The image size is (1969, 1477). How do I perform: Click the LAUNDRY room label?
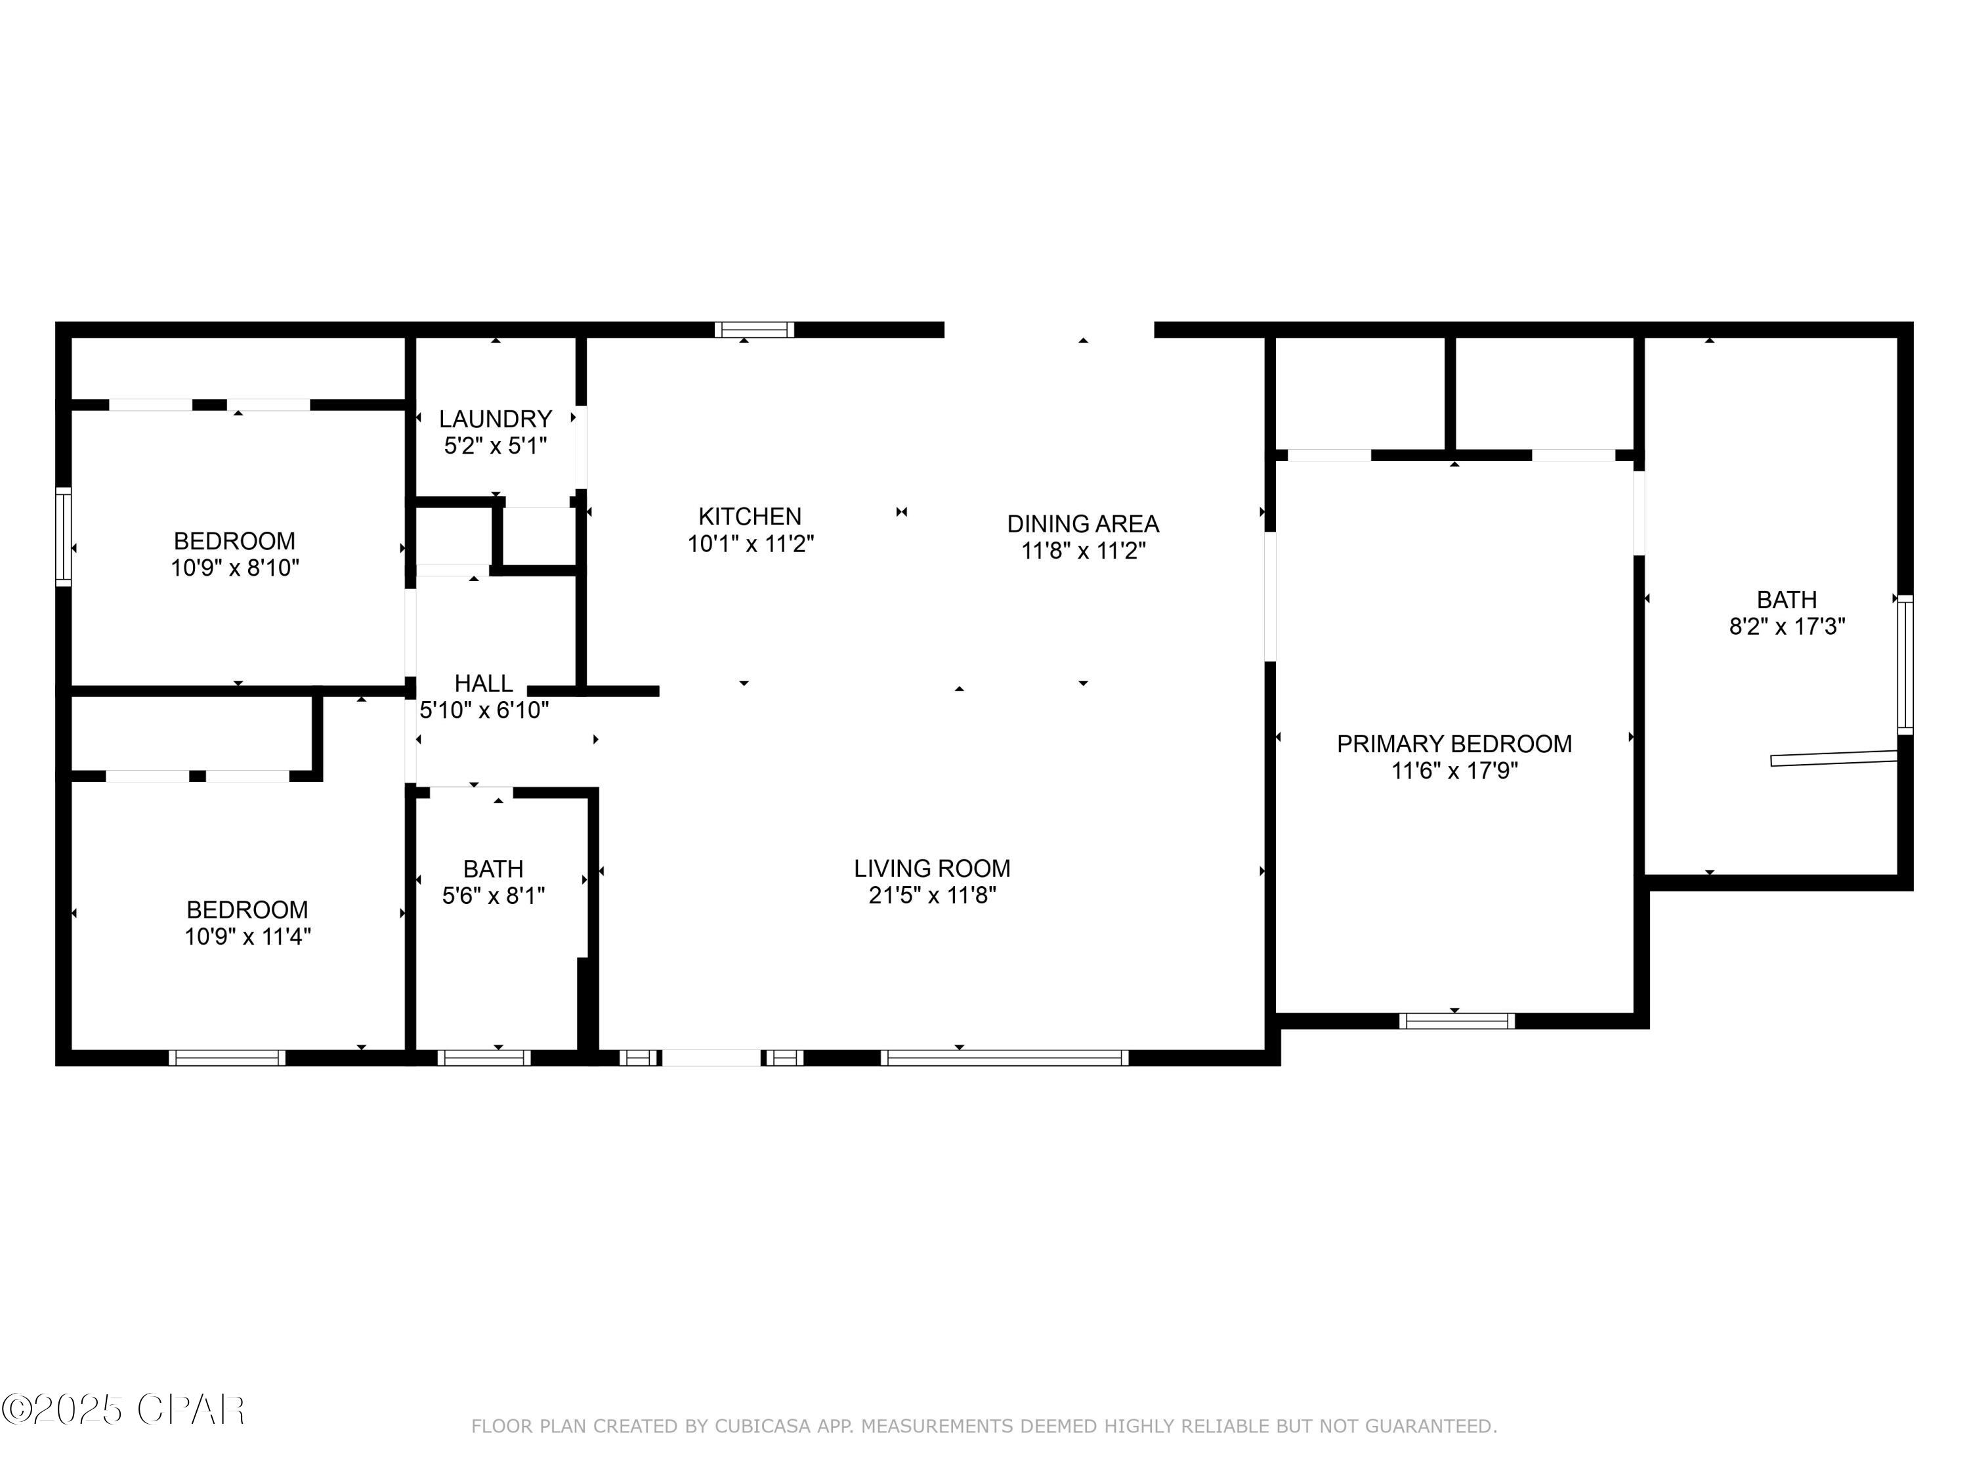[495, 418]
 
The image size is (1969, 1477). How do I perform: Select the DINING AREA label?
[1082, 523]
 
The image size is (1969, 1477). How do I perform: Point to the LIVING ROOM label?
[932, 868]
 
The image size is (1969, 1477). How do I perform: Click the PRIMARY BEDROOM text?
[1454, 743]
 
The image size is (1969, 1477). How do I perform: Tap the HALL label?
[483, 683]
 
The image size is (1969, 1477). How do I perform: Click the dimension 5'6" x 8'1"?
[493, 895]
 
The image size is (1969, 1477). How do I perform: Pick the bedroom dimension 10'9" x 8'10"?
[235, 568]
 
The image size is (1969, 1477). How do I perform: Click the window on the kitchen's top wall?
[754, 330]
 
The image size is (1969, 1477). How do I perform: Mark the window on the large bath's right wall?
[1904, 664]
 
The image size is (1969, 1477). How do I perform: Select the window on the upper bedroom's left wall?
[63, 536]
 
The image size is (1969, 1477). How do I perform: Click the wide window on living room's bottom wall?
[1004, 1058]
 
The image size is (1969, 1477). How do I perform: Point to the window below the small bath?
[483, 1058]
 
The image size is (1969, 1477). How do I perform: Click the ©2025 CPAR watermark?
[123, 1410]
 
